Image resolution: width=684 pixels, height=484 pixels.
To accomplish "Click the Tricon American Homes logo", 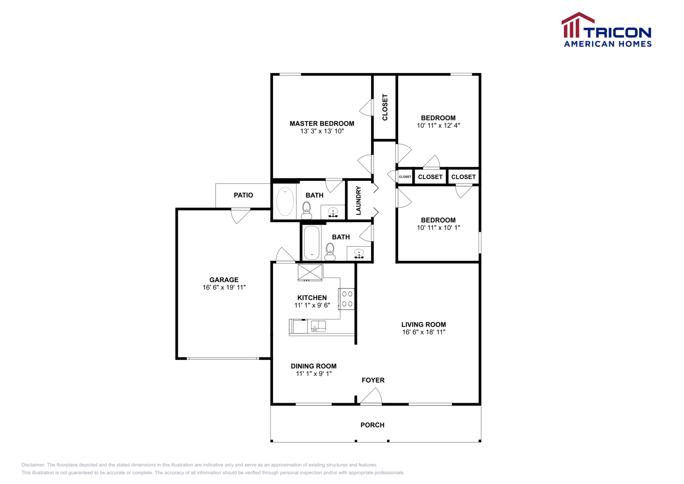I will (x=606, y=30).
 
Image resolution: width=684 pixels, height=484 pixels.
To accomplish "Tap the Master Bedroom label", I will (x=322, y=124).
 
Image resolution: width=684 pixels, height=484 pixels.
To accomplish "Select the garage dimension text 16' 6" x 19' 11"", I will (x=224, y=287).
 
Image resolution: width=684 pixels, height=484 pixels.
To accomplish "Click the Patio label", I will (x=243, y=195).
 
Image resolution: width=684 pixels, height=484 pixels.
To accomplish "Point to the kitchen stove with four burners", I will (x=347, y=299).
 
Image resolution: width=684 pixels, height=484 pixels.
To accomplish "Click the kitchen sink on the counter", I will (x=318, y=326).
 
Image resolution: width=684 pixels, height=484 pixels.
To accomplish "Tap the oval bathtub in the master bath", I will (x=285, y=201).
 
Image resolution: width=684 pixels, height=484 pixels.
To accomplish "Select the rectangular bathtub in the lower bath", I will (x=312, y=242).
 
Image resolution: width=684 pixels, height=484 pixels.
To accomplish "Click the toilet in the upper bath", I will (x=307, y=209).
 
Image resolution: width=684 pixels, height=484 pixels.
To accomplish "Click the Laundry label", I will (x=359, y=201).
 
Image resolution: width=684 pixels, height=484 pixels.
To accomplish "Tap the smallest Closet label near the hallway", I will (x=405, y=177).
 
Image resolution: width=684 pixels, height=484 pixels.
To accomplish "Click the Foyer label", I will (x=373, y=380).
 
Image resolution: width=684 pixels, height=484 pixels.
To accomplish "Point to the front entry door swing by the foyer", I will (x=371, y=396).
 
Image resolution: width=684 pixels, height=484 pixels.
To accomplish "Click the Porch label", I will (x=372, y=425).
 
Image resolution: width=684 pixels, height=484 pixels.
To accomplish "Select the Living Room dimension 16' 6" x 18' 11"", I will (x=424, y=332).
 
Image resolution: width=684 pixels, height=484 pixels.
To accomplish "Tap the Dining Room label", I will (x=313, y=366).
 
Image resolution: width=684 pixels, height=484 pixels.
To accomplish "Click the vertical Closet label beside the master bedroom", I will (x=385, y=107).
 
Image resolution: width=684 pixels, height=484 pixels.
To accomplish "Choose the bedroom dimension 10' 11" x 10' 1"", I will (x=438, y=227).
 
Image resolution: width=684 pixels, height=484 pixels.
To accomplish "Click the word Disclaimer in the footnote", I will (x=33, y=465).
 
